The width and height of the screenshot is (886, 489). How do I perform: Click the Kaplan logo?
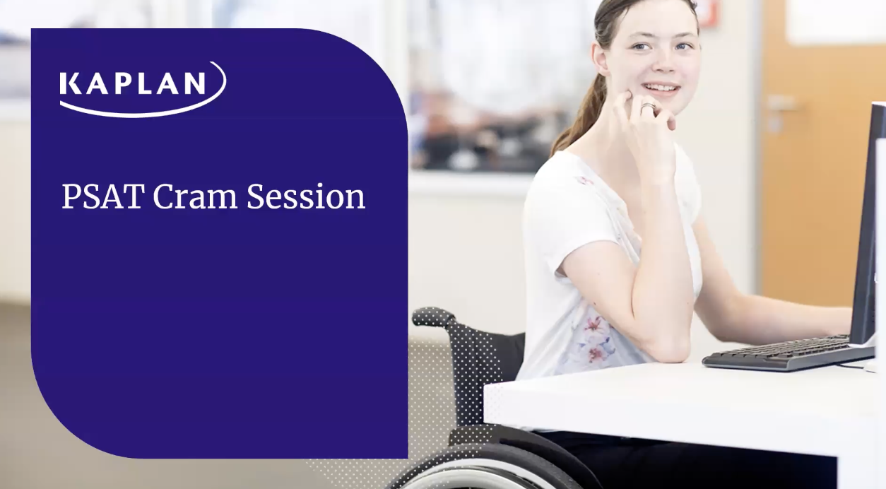(143, 90)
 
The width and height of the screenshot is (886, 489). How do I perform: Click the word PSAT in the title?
(102, 196)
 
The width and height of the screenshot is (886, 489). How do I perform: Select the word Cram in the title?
(194, 196)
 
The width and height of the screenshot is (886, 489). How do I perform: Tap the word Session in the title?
(306, 196)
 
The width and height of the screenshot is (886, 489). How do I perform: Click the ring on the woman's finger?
(649, 107)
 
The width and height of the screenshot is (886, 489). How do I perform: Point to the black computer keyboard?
(787, 353)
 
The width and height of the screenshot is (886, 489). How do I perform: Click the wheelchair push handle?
(433, 317)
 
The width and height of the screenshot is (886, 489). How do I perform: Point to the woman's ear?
(601, 59)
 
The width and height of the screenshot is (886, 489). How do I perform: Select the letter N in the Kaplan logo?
(194, 83)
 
